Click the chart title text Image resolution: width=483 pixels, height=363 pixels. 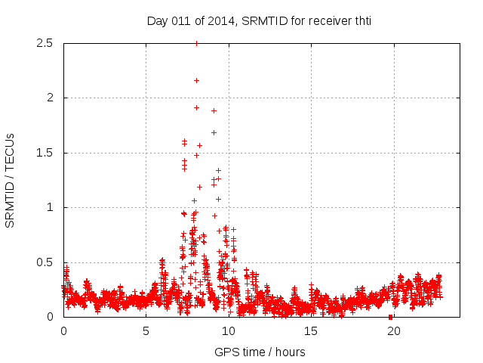tap(259, 21)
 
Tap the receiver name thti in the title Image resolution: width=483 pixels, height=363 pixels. tap(361, 21)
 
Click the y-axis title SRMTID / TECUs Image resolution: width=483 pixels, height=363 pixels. tap(11, 180)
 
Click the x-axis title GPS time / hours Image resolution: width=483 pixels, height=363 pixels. tap(260, 352)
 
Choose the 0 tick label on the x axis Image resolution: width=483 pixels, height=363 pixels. tap(63, 330)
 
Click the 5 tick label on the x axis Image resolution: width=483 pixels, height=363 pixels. tap(146, 330)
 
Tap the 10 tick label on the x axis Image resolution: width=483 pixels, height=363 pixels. tap(229, 330)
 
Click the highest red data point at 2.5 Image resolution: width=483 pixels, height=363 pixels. tap(196, 43)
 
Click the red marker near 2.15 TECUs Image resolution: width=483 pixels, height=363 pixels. tap(196, 80)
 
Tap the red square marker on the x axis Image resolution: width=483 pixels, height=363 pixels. tap(390, 316)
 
